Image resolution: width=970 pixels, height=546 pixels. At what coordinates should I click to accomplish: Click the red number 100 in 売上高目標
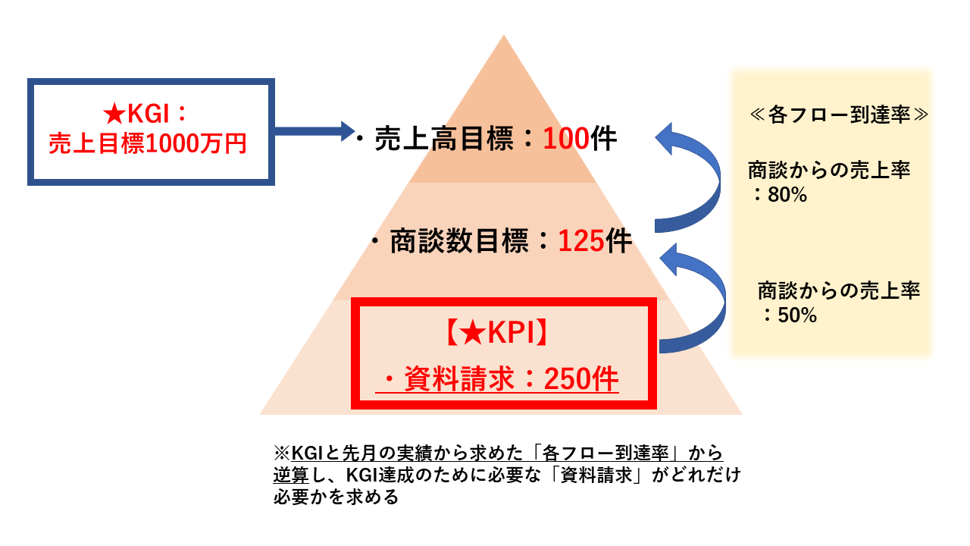[566, 139]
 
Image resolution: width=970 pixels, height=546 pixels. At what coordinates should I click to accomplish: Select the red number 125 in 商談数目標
[581, 241]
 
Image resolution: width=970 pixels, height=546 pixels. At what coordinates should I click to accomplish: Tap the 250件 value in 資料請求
[581, 378]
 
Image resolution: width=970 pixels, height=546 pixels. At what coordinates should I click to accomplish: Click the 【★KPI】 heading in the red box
[497, 333]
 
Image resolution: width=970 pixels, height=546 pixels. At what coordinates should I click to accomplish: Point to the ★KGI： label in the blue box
[145, 114]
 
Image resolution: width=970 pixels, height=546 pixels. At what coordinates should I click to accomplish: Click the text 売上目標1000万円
[148, 143]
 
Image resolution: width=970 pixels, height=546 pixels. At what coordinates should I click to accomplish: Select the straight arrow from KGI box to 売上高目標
[314, 131]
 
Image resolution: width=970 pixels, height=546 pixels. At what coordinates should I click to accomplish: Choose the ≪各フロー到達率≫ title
[839, 115]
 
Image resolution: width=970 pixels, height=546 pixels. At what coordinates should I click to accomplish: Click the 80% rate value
[787, 195]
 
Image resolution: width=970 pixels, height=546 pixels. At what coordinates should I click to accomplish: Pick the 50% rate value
[797, 315]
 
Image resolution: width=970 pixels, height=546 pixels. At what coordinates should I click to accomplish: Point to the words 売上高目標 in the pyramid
[443, 139]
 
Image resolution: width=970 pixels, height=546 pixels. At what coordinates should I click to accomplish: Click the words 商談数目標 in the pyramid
[459, 241]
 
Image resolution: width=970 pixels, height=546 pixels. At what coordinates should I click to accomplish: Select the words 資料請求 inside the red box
[459, 378]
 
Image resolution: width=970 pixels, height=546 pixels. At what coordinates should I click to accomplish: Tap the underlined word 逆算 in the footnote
[291, 475]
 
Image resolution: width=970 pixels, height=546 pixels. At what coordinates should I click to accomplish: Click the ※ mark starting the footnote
[282, 453]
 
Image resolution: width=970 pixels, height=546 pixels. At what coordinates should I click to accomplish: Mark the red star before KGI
[114, 115]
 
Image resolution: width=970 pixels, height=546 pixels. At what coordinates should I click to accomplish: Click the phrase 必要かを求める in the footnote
[336, 497]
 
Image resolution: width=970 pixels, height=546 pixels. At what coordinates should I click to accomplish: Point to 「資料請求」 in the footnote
[596, 475]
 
